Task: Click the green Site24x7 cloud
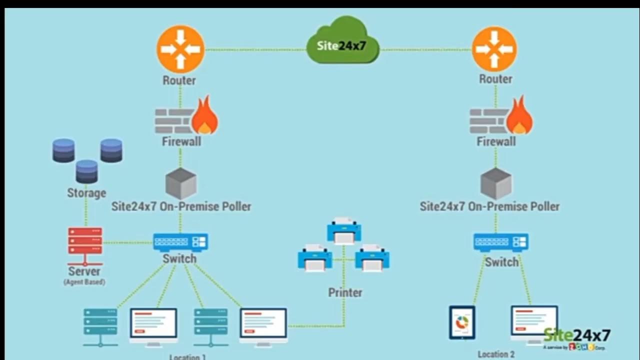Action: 342,42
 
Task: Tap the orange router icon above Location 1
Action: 180,49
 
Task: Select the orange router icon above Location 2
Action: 494,49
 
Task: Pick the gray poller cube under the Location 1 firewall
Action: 180,183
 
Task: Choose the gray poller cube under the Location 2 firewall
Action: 495,183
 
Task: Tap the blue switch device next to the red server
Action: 180,242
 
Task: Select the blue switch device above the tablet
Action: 500,242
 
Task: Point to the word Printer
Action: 345,292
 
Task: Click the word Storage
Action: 86,193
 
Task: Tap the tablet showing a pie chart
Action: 462,323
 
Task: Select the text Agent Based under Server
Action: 84,282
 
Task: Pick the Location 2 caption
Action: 495,354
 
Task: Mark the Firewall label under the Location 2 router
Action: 495,141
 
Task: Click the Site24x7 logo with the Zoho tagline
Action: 576,338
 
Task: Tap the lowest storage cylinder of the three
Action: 87,171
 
